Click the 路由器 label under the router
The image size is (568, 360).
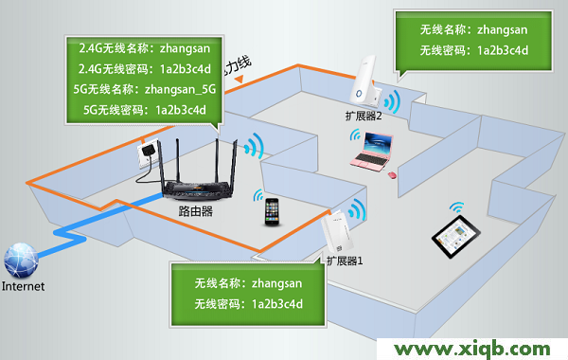[195, 213]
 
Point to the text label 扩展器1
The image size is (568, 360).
[345, 259]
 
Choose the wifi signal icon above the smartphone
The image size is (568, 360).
[258, 195]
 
